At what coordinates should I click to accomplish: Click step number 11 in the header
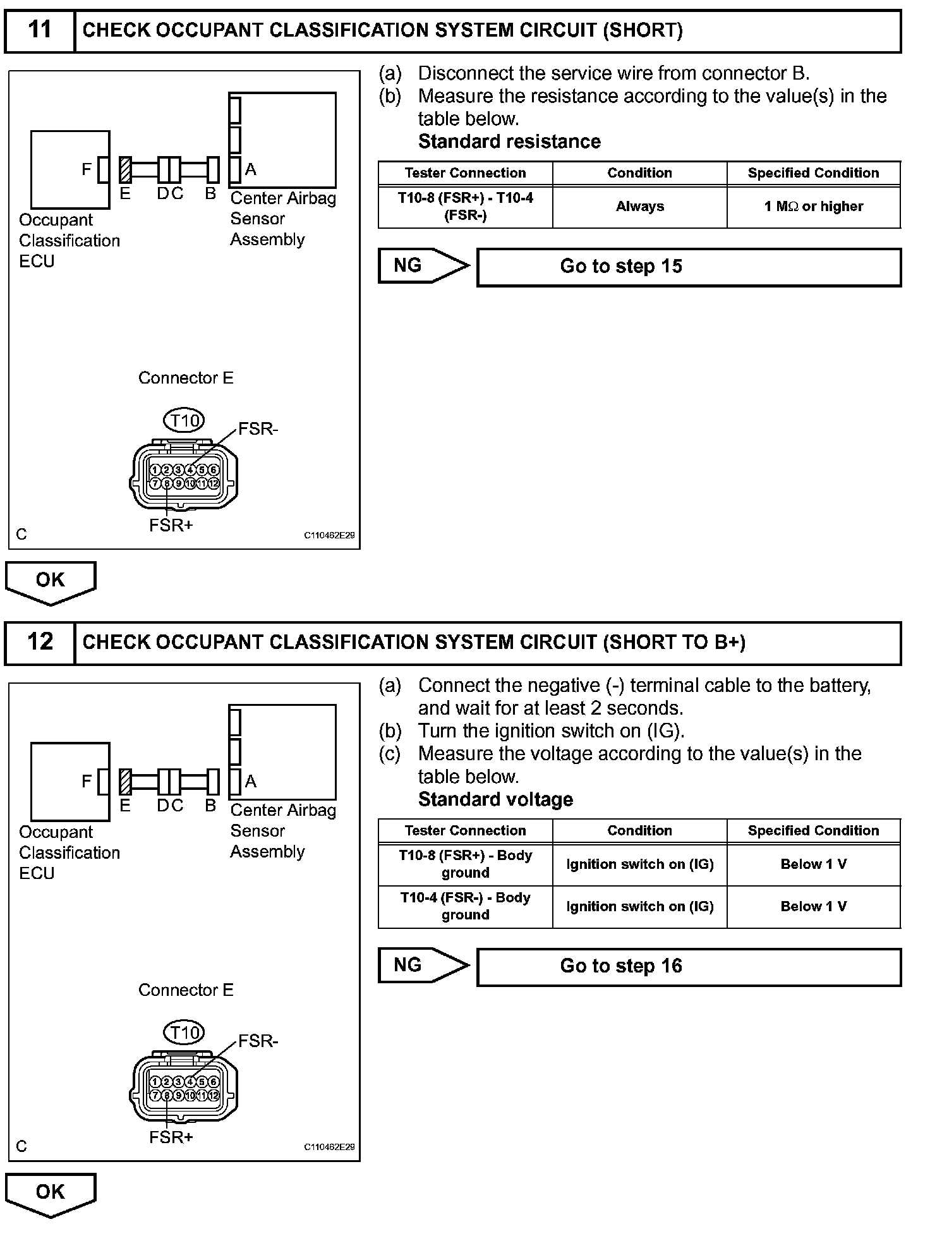40,30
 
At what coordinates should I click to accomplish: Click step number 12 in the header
40,641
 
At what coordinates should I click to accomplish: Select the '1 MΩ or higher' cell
813,207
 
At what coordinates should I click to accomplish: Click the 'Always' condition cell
639,207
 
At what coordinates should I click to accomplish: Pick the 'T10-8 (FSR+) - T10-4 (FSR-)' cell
465,207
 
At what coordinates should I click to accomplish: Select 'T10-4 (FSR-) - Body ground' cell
465,906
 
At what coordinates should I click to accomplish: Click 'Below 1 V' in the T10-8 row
813,864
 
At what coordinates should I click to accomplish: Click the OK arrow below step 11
51,581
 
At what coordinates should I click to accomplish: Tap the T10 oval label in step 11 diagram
184,420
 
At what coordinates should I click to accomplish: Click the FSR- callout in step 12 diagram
258,1041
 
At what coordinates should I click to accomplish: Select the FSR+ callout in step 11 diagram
171,525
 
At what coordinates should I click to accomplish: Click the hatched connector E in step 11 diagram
125,170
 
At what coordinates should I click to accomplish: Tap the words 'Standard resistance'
509,142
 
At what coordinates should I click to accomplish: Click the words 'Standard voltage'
495,799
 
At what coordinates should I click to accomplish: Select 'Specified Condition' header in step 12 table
813,830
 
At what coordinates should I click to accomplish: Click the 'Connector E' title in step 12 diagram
186,990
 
